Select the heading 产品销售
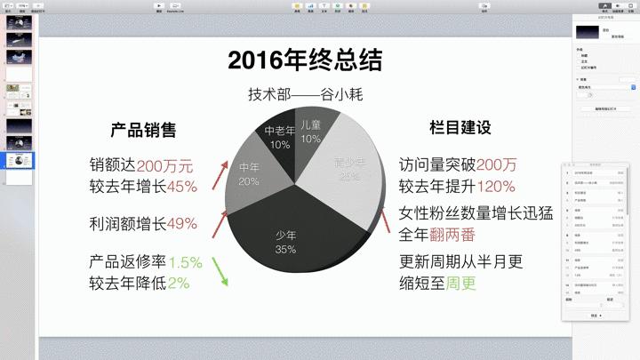tap(143, 130)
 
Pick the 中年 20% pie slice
tap(249, 173)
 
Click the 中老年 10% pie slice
tap(280, 137)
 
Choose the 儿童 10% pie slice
tap(310, 132)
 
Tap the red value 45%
tap(181, 187)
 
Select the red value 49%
tap(181, 223)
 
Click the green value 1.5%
tap(186, 262)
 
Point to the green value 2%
tap(179, 284)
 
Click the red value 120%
tap(496, 187)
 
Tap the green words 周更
tap(461, 284)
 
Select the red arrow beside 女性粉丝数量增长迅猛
tap(381, 219)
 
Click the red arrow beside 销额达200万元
tap(217, 175)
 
